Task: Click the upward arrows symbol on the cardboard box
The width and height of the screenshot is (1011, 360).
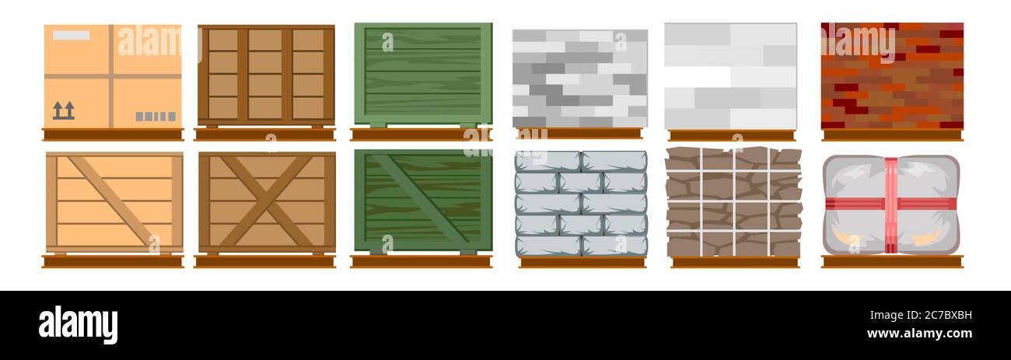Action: coord(64,110)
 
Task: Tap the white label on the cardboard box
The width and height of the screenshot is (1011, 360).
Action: coord(71,35)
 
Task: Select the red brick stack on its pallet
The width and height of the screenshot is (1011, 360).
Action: coord(892,75)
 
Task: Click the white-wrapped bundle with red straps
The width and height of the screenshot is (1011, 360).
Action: coord(890,204)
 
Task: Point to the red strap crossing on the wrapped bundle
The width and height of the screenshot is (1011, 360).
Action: coord(890,204)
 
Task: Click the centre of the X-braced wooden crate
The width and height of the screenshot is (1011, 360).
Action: coord(267,201)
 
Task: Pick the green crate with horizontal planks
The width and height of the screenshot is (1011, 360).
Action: coord(423,73)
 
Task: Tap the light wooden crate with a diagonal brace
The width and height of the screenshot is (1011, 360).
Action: coord(114,201)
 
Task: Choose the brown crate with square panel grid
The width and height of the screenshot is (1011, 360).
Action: coord(266,74)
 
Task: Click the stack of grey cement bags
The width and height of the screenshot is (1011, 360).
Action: coord(581,203)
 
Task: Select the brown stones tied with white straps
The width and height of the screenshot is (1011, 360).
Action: coord(733,201)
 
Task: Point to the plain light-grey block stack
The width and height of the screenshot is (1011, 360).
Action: coord(730,75)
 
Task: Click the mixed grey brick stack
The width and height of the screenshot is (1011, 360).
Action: coord(580,78)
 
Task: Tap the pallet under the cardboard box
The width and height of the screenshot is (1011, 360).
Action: coord(113,135)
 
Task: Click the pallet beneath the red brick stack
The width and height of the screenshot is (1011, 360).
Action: coord(892,135)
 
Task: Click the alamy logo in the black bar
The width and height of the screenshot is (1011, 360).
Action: coord(78,323)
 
